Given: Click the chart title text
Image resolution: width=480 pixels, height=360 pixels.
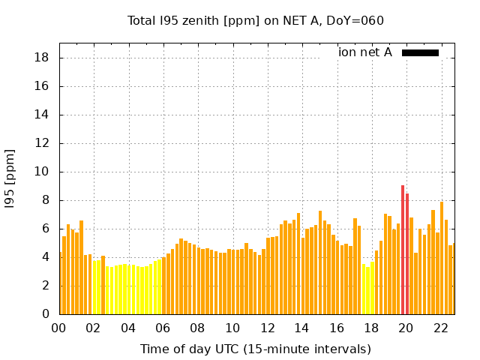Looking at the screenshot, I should [x=255, y=20].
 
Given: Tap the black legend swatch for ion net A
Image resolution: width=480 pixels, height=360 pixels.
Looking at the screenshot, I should [x=420, y=52].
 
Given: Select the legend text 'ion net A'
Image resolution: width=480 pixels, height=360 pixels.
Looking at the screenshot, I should [x=365, y=52].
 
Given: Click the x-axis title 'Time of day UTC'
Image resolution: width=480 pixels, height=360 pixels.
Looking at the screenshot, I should [x=255, y=349].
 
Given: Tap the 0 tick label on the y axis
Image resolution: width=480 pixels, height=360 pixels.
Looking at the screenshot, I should [x=46, y=314].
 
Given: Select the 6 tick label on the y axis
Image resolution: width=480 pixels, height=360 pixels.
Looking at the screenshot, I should [x=46, y=229].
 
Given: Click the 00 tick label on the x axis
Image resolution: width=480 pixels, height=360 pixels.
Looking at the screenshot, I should [x=59, y=328].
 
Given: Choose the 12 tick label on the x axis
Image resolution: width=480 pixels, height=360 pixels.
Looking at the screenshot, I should [x=267, y=328].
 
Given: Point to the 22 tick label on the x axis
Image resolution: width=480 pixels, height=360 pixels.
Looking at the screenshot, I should [x=440, y=328].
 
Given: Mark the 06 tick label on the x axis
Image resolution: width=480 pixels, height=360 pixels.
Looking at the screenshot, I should [x=163, y=328].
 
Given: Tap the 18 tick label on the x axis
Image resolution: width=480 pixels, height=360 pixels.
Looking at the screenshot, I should [x=371, y=328].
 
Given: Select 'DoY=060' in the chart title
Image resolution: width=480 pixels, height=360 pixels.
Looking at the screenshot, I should [x=355, y=20].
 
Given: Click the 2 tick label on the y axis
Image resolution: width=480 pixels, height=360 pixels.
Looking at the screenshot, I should [x=46, y=286].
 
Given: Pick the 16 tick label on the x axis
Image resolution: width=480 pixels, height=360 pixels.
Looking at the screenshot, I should [x=337, y=328].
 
